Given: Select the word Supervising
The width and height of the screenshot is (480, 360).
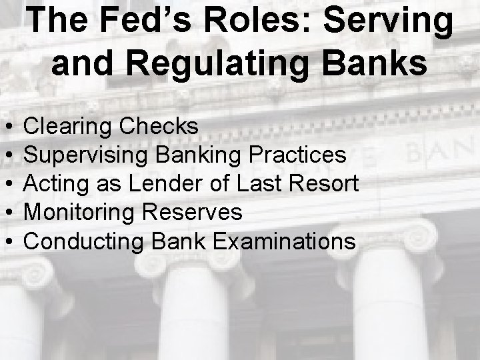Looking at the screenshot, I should (x=87, y=155).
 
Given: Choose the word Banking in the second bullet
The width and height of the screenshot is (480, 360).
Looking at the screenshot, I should (x=198, y=155).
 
